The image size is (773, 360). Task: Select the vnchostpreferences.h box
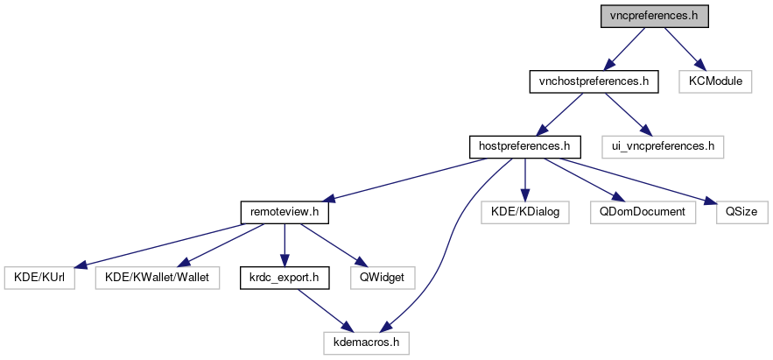(x=593, y=82)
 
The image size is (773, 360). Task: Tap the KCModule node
(x=715, y=82)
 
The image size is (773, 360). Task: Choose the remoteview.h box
(x=284, y=211)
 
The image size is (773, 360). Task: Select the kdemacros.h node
(x=366, y=342)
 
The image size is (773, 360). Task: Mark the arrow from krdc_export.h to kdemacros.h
(x=325, y=309)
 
